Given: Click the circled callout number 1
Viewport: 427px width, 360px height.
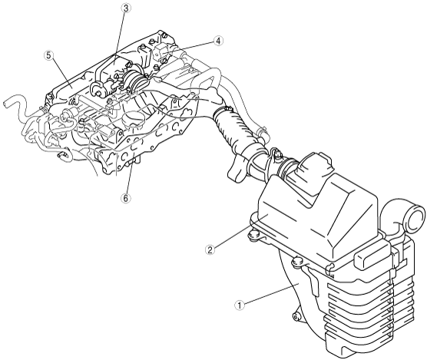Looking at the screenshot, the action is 240,306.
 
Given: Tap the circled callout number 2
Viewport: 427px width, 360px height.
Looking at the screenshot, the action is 210,249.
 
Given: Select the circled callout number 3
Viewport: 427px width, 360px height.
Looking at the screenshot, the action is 125,8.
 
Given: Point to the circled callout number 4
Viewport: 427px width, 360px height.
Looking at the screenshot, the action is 218,41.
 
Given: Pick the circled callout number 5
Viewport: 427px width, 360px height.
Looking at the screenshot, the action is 48,55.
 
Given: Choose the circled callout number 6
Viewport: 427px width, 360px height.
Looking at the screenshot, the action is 125,198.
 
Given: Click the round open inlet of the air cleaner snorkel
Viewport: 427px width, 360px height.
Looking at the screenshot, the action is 414,218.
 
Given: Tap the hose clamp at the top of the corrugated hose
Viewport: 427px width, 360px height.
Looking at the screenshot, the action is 223,111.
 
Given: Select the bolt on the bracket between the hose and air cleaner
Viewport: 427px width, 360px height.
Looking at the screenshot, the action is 277,154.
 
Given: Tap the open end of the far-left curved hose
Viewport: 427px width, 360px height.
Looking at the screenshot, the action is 6,104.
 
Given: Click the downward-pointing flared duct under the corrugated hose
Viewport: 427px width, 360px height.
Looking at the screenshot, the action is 237,169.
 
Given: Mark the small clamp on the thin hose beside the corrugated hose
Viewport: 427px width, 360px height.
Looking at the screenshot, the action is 262,132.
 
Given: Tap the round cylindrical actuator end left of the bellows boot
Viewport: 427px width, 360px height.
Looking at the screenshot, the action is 98,89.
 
